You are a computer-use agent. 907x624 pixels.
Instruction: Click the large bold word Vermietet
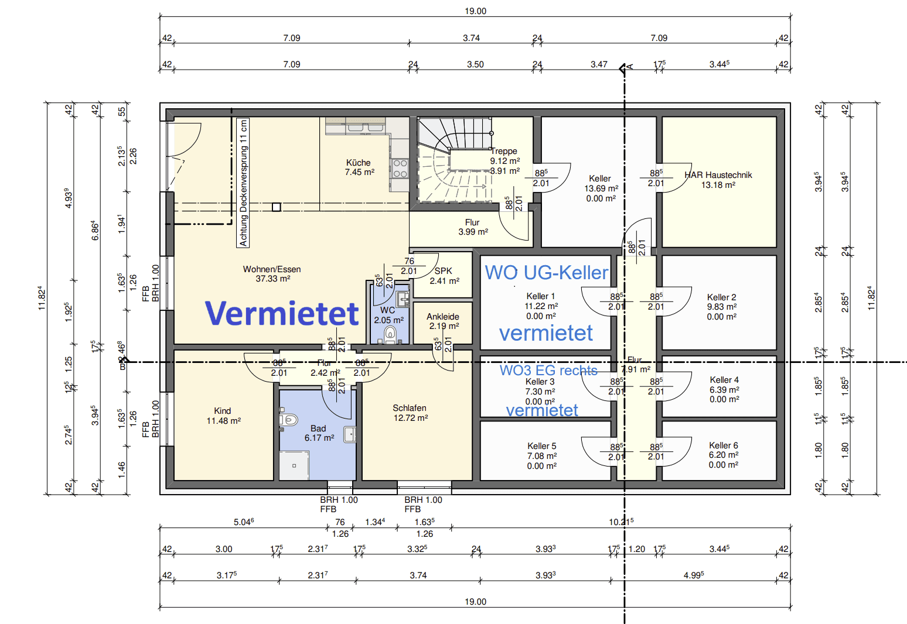pos(282,314)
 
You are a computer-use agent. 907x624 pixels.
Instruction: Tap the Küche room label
pos(358,163)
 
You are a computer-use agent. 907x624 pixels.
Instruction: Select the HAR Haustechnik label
pos(718,175)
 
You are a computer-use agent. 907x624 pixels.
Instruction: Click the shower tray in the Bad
pos(294,465)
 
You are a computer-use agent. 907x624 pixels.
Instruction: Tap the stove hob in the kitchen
pos(400,169)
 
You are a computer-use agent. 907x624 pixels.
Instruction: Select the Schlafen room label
pos(410,408)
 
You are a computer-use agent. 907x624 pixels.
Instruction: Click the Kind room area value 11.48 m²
pos(223,421)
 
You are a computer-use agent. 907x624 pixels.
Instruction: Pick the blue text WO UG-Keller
pos(546,273)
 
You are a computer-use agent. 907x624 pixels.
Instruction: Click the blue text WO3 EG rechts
pos(548,371)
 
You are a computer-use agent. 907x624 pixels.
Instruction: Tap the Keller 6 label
pos(723,445)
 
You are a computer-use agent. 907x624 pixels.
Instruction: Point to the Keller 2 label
pos(721,297)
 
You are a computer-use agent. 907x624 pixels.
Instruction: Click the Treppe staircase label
pos(504,151)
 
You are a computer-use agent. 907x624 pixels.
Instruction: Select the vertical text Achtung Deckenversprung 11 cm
pos(244,183)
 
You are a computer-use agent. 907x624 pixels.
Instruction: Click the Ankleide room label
pos(443,317)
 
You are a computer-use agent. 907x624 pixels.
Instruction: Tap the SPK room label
pos(444,271)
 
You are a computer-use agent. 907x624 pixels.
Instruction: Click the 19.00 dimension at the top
pos(475,11)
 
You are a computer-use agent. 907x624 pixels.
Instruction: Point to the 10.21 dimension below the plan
pos(620,522)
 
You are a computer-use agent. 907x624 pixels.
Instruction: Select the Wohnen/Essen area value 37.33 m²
pos(272,279)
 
